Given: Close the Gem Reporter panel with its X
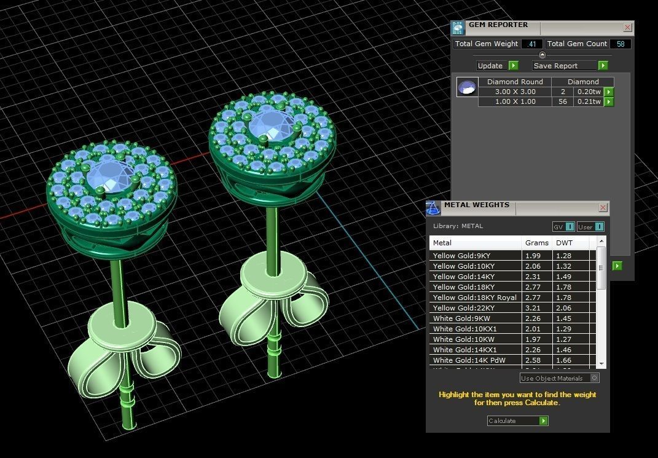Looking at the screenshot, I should [x=627, y=27].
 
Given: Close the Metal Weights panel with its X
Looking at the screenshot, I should [x=603, y=208].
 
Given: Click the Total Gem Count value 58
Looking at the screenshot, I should [x=620, y=44].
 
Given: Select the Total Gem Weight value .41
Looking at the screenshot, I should [x=531, y=44].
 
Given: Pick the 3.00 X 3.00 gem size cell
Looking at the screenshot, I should [x=515, y=92].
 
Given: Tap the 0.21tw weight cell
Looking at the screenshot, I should [x=588, y=101].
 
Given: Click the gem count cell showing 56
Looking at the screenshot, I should [x=563, y=101].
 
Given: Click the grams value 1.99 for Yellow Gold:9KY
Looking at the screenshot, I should [x=533, y=256].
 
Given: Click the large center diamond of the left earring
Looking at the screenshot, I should [x=111, y=177].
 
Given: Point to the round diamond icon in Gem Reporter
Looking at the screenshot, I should [x=466, y=87].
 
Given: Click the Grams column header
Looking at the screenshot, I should [x=537, y=243].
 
